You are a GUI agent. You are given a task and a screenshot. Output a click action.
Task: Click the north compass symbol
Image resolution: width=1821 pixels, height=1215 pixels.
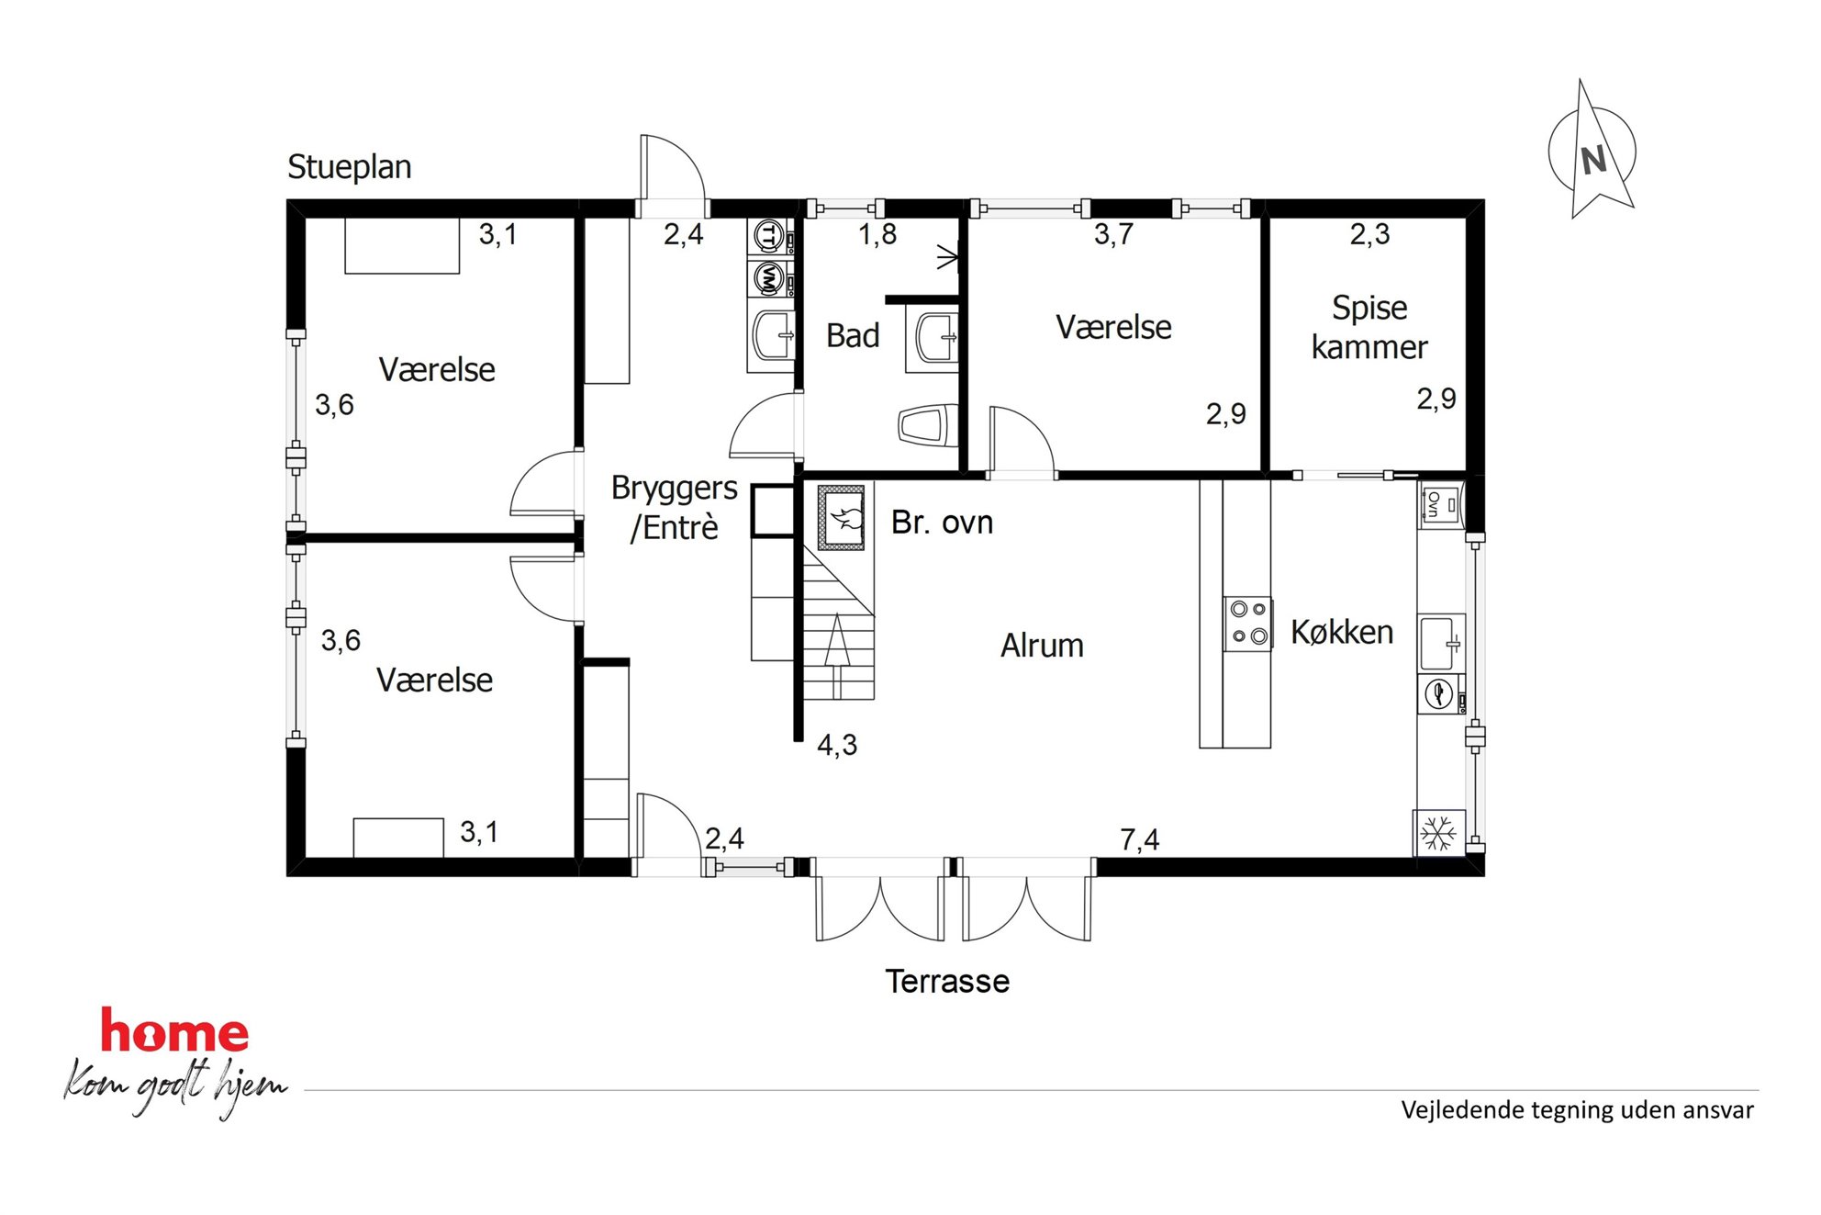tap(1593, 151)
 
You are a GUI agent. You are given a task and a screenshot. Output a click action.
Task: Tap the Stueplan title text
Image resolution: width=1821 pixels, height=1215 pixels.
tap(349, 167)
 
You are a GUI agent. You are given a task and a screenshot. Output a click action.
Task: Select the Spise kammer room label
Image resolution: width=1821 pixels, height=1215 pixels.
tap(1369, 327)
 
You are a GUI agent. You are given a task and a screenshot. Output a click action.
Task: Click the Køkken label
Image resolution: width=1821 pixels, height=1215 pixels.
tap(1342, 632)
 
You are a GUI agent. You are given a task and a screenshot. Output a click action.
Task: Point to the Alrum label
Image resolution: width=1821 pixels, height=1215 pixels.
tap(1042, 646)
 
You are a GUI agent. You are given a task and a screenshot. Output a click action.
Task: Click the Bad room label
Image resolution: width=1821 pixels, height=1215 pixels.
tap(853, 336)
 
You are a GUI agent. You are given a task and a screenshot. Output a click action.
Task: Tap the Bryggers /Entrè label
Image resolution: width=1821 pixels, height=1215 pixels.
tap(675, 507)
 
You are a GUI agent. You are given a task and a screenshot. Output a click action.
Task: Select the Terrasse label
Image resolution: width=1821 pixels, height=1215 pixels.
tap(947, 982)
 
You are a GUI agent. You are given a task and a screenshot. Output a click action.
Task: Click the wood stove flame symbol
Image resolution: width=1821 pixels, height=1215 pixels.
tap(843, 518)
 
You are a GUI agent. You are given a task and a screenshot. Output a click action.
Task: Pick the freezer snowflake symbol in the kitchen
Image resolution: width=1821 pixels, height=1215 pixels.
tap(1438, 833)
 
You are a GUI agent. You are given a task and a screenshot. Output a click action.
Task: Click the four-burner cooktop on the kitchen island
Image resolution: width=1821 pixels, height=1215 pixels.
tap(1248, 624)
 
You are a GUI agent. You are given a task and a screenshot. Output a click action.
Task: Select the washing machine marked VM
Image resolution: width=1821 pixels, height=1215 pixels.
tap(770, 278)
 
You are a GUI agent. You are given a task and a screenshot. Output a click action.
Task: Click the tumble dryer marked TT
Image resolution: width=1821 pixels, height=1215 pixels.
tap(770, 237)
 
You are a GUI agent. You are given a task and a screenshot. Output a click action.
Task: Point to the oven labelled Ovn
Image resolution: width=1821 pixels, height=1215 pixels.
tap(1440, 504)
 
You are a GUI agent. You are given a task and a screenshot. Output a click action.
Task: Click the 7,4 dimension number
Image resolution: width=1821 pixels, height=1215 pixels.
tap(1139, 839)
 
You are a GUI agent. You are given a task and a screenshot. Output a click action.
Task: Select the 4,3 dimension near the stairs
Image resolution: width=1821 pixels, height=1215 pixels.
tap(837, 745)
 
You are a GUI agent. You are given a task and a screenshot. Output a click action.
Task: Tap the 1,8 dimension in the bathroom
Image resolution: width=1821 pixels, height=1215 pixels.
tap(877, 235)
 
